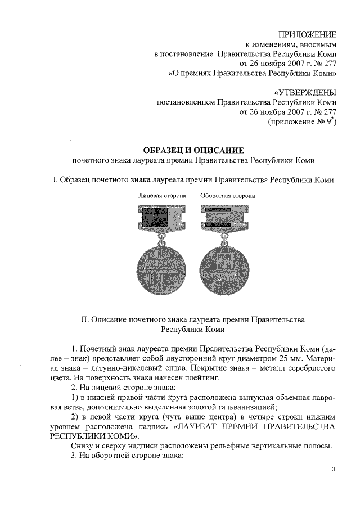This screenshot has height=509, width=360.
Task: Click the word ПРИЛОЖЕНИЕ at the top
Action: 308,34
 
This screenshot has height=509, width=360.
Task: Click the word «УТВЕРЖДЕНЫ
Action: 304,93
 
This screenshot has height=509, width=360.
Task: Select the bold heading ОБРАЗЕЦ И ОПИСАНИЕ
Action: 193,150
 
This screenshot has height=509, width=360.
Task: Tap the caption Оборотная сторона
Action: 227,196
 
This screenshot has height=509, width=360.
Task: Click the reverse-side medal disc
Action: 227,268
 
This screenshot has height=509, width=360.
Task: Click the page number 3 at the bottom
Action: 333,470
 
